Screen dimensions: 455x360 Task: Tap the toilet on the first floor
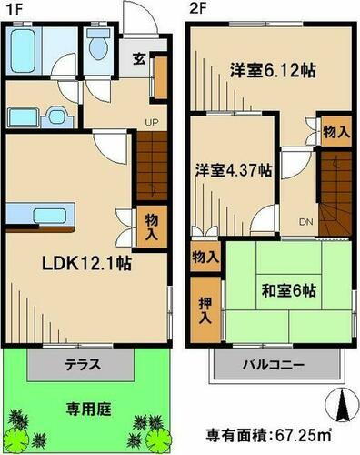98,46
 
